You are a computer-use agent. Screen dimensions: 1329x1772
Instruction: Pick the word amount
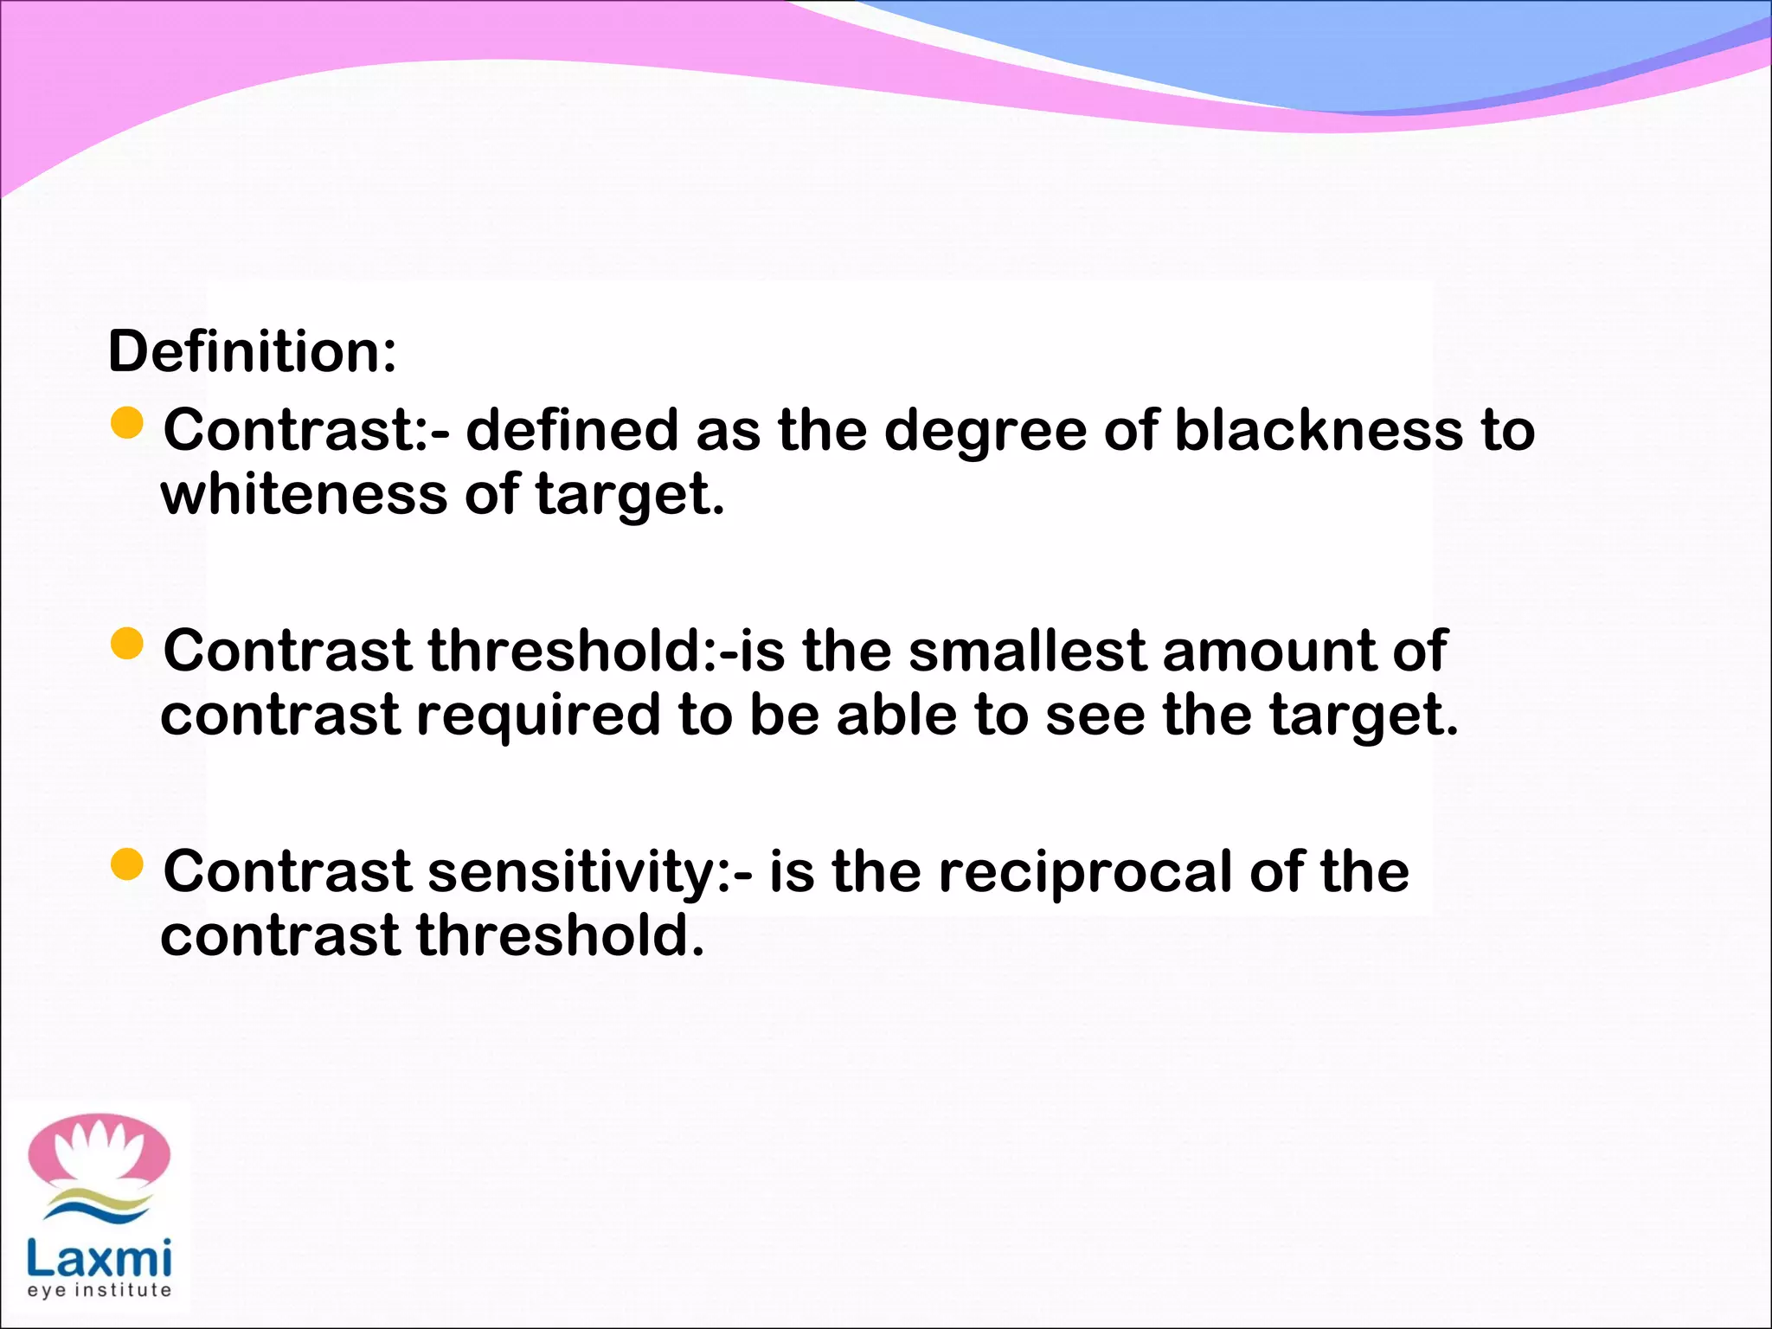point(1268,651)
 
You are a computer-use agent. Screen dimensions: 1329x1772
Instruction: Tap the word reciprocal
point(1085,873)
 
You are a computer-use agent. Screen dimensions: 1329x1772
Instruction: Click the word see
point(1095,716)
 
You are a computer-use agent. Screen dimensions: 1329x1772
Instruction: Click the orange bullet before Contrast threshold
point(127,644)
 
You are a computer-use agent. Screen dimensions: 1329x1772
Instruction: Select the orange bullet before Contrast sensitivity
point(127,864)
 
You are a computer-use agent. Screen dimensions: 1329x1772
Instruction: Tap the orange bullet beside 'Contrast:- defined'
point(127,423)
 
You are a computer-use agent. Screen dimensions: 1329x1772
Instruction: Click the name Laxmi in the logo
point(99,1259)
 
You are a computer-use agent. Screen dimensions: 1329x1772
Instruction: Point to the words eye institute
point(99,1290)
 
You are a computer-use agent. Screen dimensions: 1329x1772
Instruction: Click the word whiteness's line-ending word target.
point(629,496)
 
